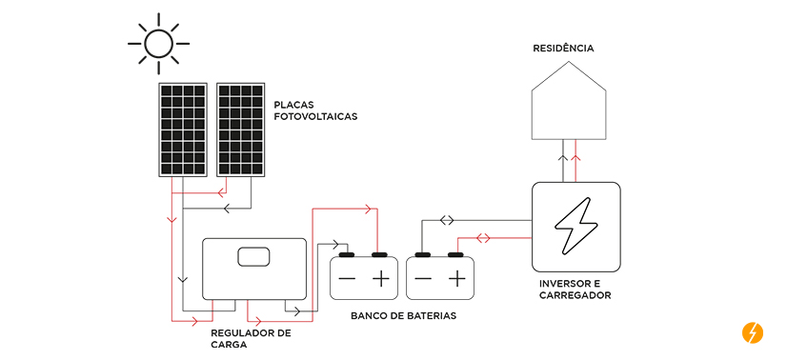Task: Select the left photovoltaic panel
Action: click(183, 130)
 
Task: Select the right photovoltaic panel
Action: click(240, 130)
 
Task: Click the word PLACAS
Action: click(295, 105)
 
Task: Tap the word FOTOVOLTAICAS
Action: click(315, 116)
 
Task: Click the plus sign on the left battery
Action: click(381, 279)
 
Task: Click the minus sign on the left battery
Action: click(347, 279)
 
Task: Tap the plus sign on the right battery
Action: click(457, 279)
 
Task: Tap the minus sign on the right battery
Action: click(423, 279)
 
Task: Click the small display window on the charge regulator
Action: click(254, 257)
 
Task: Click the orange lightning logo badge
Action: click(752, 333)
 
